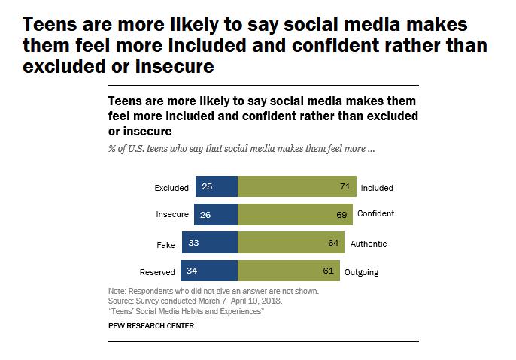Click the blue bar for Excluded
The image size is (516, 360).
click(217, 186)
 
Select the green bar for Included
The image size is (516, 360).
click(297, 186)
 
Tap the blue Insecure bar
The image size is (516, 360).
click(216, 214)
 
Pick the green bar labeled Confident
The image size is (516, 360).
click(295, 214)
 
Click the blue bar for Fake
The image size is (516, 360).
click(210, 243)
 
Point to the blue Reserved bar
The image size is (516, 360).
click(209, 271)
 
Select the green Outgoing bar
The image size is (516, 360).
click(288, 271)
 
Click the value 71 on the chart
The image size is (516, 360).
click(346, 186)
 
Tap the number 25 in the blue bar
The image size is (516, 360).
click(207, 186)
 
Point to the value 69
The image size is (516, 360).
click(342, 214)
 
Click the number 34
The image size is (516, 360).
click(193, 271)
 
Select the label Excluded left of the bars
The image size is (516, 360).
click(171, 188)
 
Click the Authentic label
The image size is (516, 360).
click(369, 244)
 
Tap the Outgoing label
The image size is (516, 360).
click(361, 271)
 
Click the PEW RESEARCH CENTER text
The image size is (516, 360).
click(151, 326)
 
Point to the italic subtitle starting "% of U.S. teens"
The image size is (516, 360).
click(241, 148)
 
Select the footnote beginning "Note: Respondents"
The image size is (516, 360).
click(214, 291)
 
